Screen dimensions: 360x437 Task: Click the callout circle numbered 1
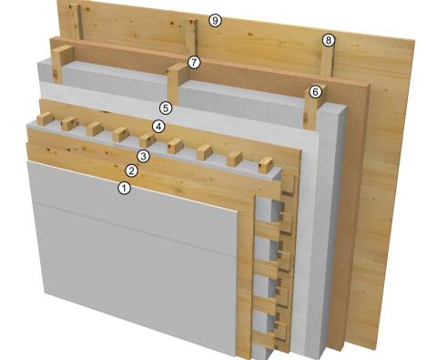point(125,188)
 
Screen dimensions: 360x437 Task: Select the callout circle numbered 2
point(132,170)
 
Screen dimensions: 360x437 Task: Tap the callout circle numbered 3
point(143,156)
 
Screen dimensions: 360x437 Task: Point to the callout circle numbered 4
point(158,126)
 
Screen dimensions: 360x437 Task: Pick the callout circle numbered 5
point(166,108)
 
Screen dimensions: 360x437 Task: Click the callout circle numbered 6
point(316,91)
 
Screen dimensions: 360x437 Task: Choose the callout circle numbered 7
point(193,62)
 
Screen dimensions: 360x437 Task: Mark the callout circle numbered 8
point(329,40)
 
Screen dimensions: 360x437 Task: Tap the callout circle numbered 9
point(215,20)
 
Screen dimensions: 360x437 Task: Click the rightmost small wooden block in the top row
point(266,165)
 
